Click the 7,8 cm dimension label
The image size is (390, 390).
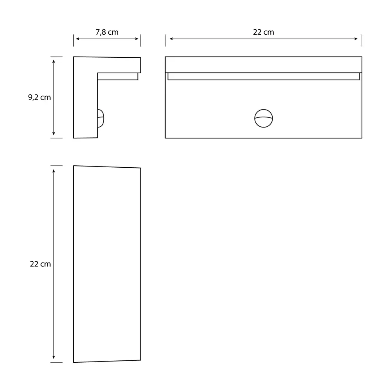point(107,32)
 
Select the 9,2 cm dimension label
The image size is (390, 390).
point(39,97)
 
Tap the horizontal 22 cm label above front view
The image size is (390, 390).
point(263,32)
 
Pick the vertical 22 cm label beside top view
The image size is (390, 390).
point(41,264)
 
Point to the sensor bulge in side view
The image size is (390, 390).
point(101,118)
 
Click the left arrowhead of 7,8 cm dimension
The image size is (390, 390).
point(76,39)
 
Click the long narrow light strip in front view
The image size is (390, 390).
point(263,76)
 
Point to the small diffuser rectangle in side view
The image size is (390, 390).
point(117,76)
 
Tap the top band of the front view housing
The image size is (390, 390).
point(263,64)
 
